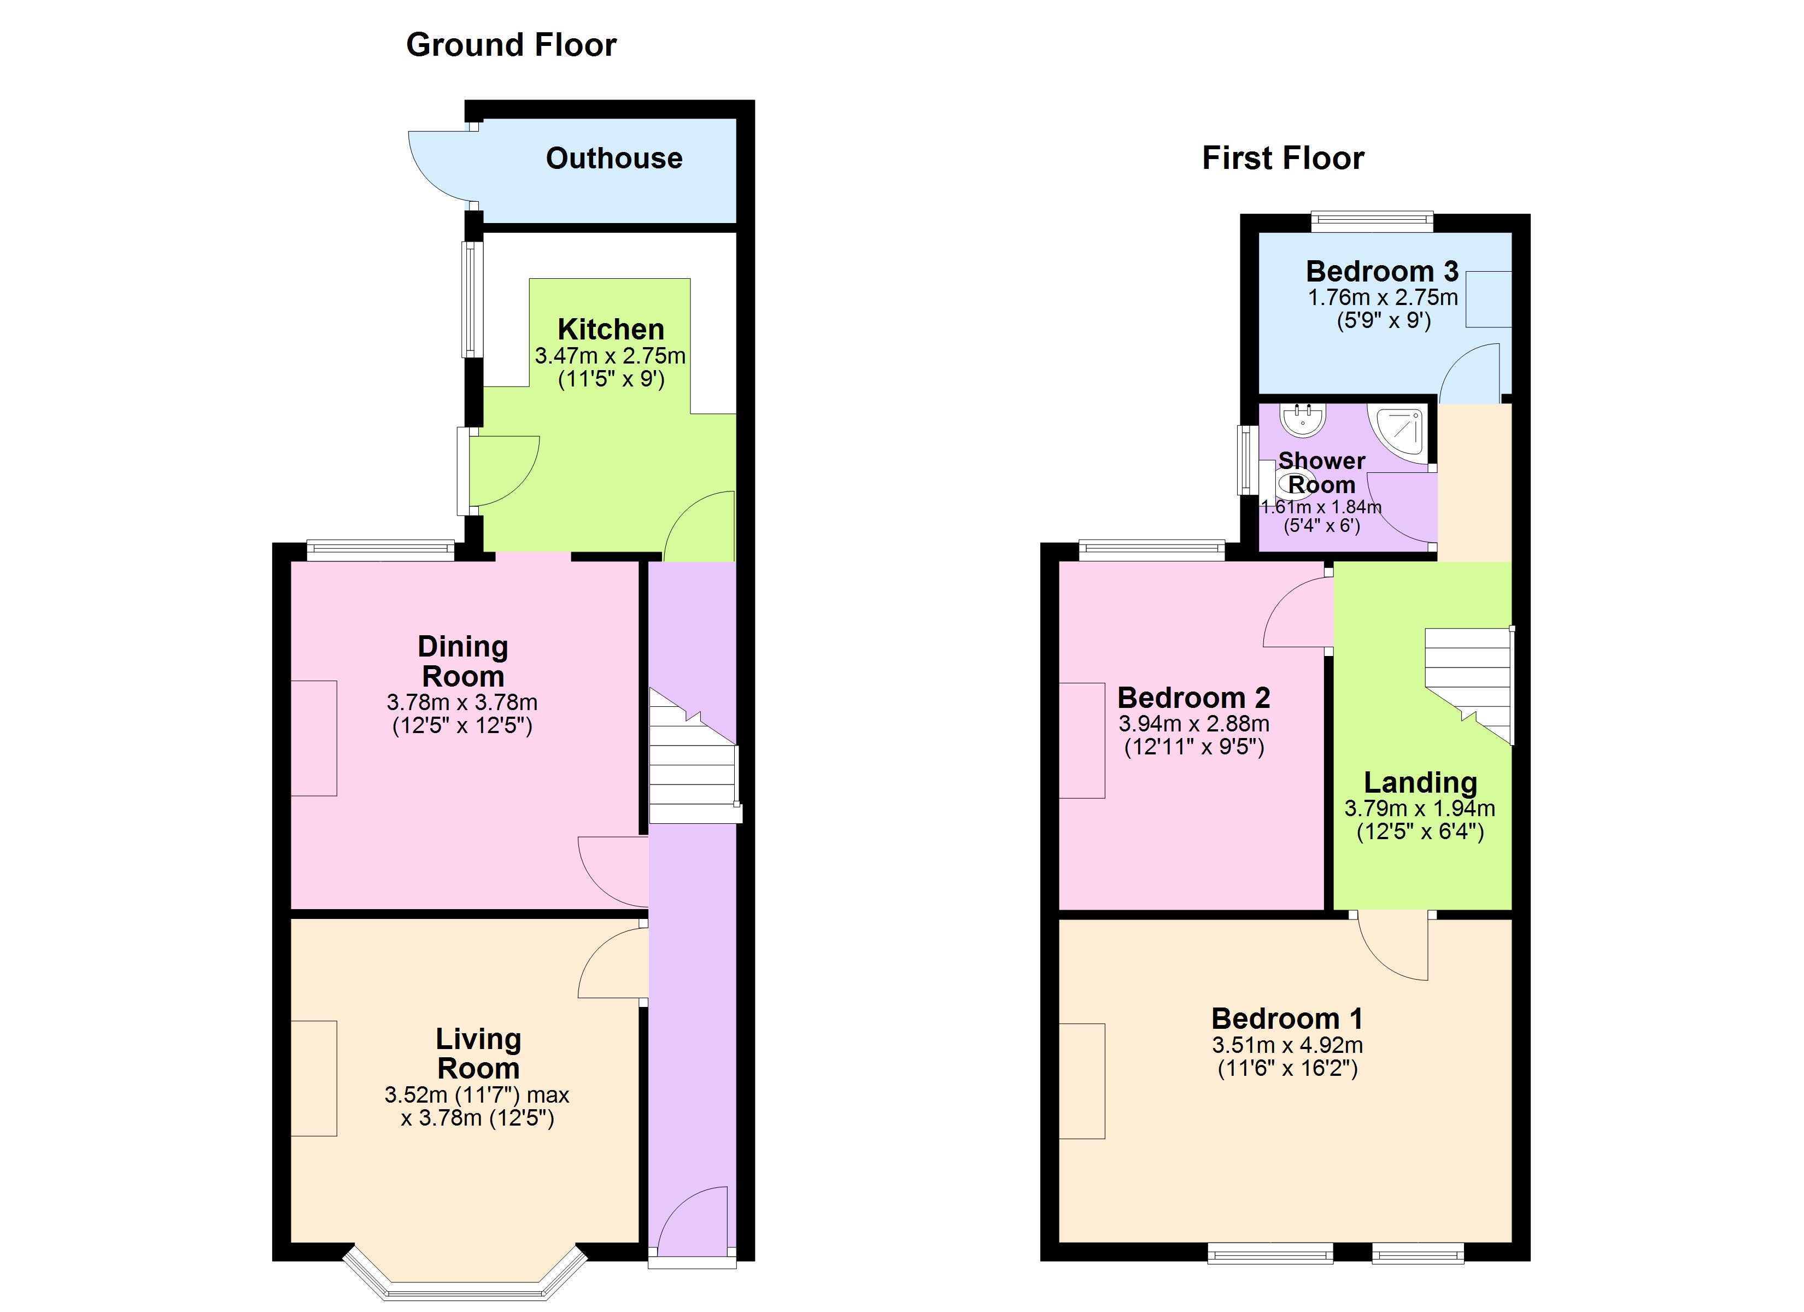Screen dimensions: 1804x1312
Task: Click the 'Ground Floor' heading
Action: [x=512, y=45]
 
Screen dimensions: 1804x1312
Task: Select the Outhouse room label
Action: [x=614, y=159]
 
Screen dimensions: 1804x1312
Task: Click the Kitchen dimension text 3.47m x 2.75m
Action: [x=610, y=356]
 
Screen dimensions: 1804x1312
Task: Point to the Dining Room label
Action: [x=463, y=661]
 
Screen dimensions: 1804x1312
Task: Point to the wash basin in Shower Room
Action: [x=1303, y=419]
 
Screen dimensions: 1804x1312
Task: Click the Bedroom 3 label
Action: [x=1383, y=271]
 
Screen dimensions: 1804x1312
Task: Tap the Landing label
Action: [x=1421, y=782]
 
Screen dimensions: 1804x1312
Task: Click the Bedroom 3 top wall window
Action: [x=1372, y=222]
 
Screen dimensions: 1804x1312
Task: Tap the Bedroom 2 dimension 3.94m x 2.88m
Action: [x=1194, y=724]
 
